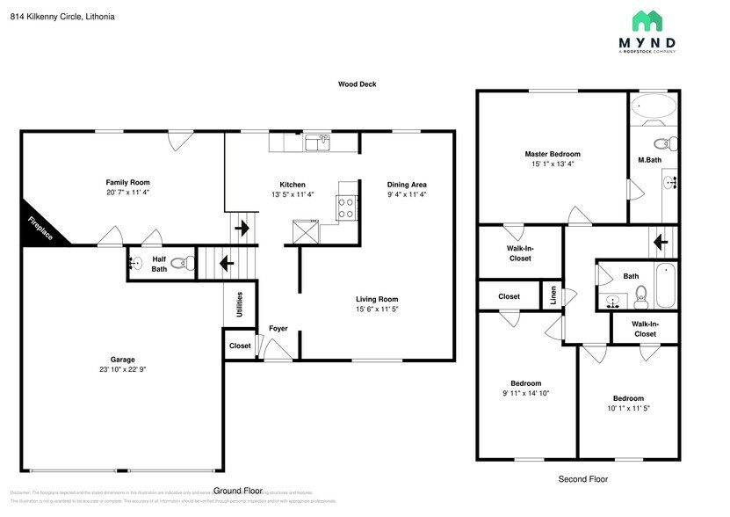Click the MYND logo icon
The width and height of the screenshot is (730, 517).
click(x=654, y=21)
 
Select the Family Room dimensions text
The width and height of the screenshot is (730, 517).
click(x=128, y=194)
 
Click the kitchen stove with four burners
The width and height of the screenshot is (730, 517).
click(x=346, y=208)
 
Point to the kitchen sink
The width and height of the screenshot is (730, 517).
click(x=317, y=141)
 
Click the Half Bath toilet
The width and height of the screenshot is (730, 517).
click(x=181, y=262)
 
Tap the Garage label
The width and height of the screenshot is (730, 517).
click(x=122, y=359)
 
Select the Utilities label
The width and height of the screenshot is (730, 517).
click(x=239, y=305)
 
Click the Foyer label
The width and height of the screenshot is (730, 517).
click(x=278, y=329)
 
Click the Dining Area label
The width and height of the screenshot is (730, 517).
click(x=407, y=184)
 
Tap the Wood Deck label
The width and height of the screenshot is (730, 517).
click(x=358, y=84)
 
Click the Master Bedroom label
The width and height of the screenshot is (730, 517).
click(x=553, y=154)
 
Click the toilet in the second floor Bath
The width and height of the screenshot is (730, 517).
click(x=641, y=295)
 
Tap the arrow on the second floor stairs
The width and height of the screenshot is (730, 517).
click(x=660, y=240)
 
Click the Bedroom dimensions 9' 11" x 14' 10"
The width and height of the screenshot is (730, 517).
click(x=526, y=395)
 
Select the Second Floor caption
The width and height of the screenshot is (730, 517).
click(x=582, y=479)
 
